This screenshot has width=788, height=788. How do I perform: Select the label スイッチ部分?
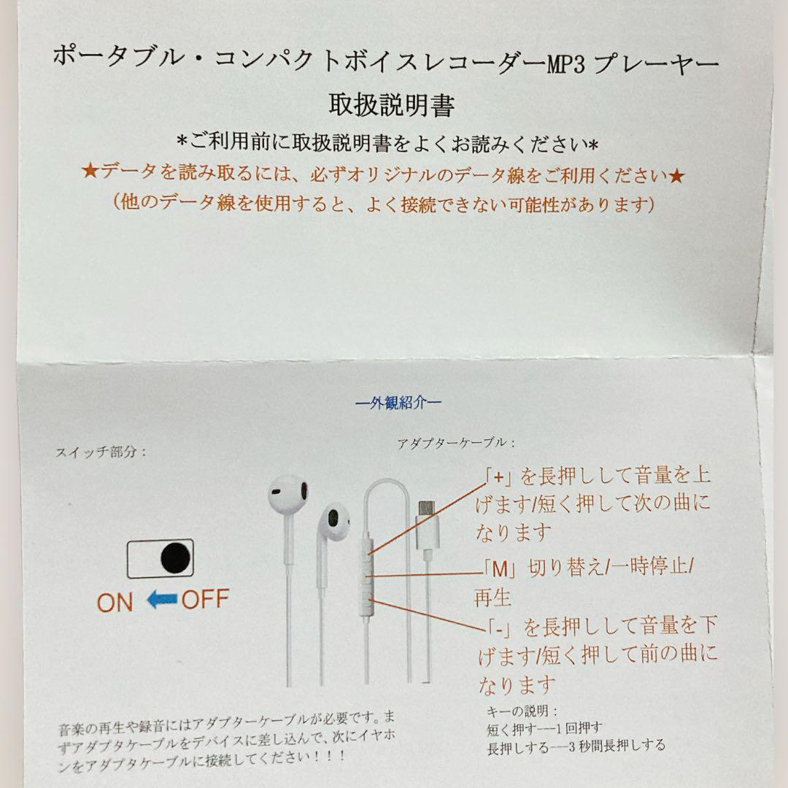(x=101, y=452)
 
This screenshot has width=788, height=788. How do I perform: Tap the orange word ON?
(x=115, y=602)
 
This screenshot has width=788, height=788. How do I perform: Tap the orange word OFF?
(x=205, y=600)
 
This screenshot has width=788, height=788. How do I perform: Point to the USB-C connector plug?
(x=426, y=510)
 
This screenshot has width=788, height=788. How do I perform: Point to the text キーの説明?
(x=521, y=711)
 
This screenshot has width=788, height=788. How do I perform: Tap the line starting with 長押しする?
(x=575, y=745)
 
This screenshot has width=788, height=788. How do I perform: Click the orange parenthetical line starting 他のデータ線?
(x=382, y=204)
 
